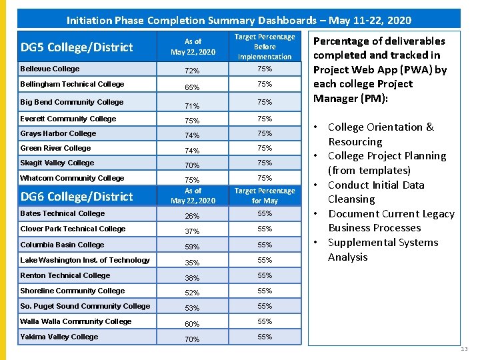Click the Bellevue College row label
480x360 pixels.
pyautogui.click(x=50, y=69)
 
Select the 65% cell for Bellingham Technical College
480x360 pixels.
pyautogui.click(x=192, y=87)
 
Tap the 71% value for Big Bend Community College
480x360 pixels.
pyautogui.click(x=192, y=105)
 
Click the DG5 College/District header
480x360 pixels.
pyautogui.click(x=77, y=47)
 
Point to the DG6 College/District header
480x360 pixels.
pyautogui.click(x=77, y=197)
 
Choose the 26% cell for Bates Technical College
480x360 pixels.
pyautogui.click(x=192, y=216)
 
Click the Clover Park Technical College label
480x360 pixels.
pyautogui.click(x=73, y=229)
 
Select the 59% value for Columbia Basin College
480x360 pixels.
pyautogui.click(x=192, y=247)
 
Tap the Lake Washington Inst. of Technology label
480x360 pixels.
pyautogui.click(x=85, y=260)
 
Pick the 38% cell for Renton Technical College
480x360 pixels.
pyautogui.click(x=192, y=278)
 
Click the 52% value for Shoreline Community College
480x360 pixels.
pyautogui.click(x=192, y=293)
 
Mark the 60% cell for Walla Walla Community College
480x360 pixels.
pyautogui.click(x=192, y=324)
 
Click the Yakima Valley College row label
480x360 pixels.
pyautogui.click(x=59, y=337)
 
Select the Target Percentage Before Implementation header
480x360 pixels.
pyautogui.click(x=265, y=47)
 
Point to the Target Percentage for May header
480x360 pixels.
pyautogui.click(x=265, y=195)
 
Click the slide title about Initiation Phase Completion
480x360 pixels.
pyautogui.click(x=239, y=20)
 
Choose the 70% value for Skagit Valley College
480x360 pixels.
pyautogui.click(x=192, y=165)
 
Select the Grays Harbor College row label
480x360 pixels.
pyautogui.click(x=58, y=133)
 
